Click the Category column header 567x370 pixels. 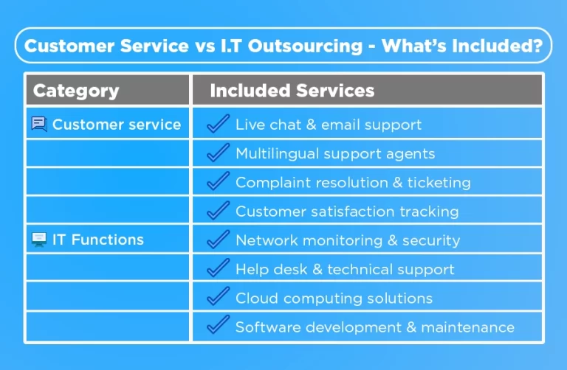(x=76, y=91)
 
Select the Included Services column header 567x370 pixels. (x=292, y=91)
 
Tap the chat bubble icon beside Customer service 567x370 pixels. (x=39, y=124)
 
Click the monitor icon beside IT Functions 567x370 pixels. (x=39, y=240)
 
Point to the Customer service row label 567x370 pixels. (x=116, y=125)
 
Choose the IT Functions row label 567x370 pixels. (x=97, y=240)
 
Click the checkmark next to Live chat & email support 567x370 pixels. (x=218, y=124)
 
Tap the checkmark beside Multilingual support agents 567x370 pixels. (x=218, y=153)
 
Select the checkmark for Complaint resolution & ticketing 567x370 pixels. (x=218, y=181)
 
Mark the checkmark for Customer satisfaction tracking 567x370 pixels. (x=218, y=211)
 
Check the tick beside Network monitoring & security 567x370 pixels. (x=218, y=240)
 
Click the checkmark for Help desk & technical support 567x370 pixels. (x=218, y=268)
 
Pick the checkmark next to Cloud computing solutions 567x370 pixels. (x=218, y=297)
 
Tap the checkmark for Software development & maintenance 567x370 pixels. (x=218, y=326)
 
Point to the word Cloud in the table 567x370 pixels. (x=254, y=299)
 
